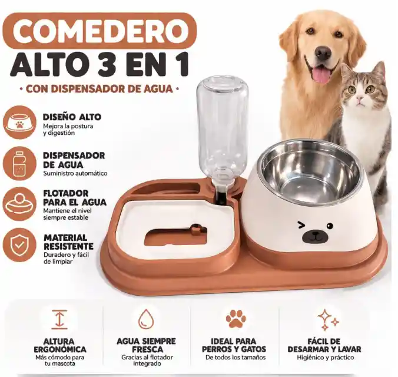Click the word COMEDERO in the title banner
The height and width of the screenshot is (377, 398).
101,31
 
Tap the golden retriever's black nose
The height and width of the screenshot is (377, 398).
323,53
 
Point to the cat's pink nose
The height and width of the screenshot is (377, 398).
359,98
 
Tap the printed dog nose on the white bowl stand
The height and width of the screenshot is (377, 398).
314,236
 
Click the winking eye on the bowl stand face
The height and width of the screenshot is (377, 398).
301,225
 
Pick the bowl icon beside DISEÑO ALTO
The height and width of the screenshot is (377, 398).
19,123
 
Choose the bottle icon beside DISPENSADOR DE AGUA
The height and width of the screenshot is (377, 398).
19,163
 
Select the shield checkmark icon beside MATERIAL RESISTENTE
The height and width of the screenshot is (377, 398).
19,244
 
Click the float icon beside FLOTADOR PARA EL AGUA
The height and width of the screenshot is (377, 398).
19,204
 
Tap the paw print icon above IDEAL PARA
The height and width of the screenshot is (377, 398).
236,318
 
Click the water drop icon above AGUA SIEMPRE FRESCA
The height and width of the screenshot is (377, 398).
146,319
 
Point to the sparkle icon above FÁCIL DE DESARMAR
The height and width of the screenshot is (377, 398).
328,319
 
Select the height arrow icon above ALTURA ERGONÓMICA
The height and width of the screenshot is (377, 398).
59,319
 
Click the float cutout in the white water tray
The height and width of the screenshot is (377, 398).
175,236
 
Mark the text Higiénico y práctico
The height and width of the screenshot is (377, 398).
326,358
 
